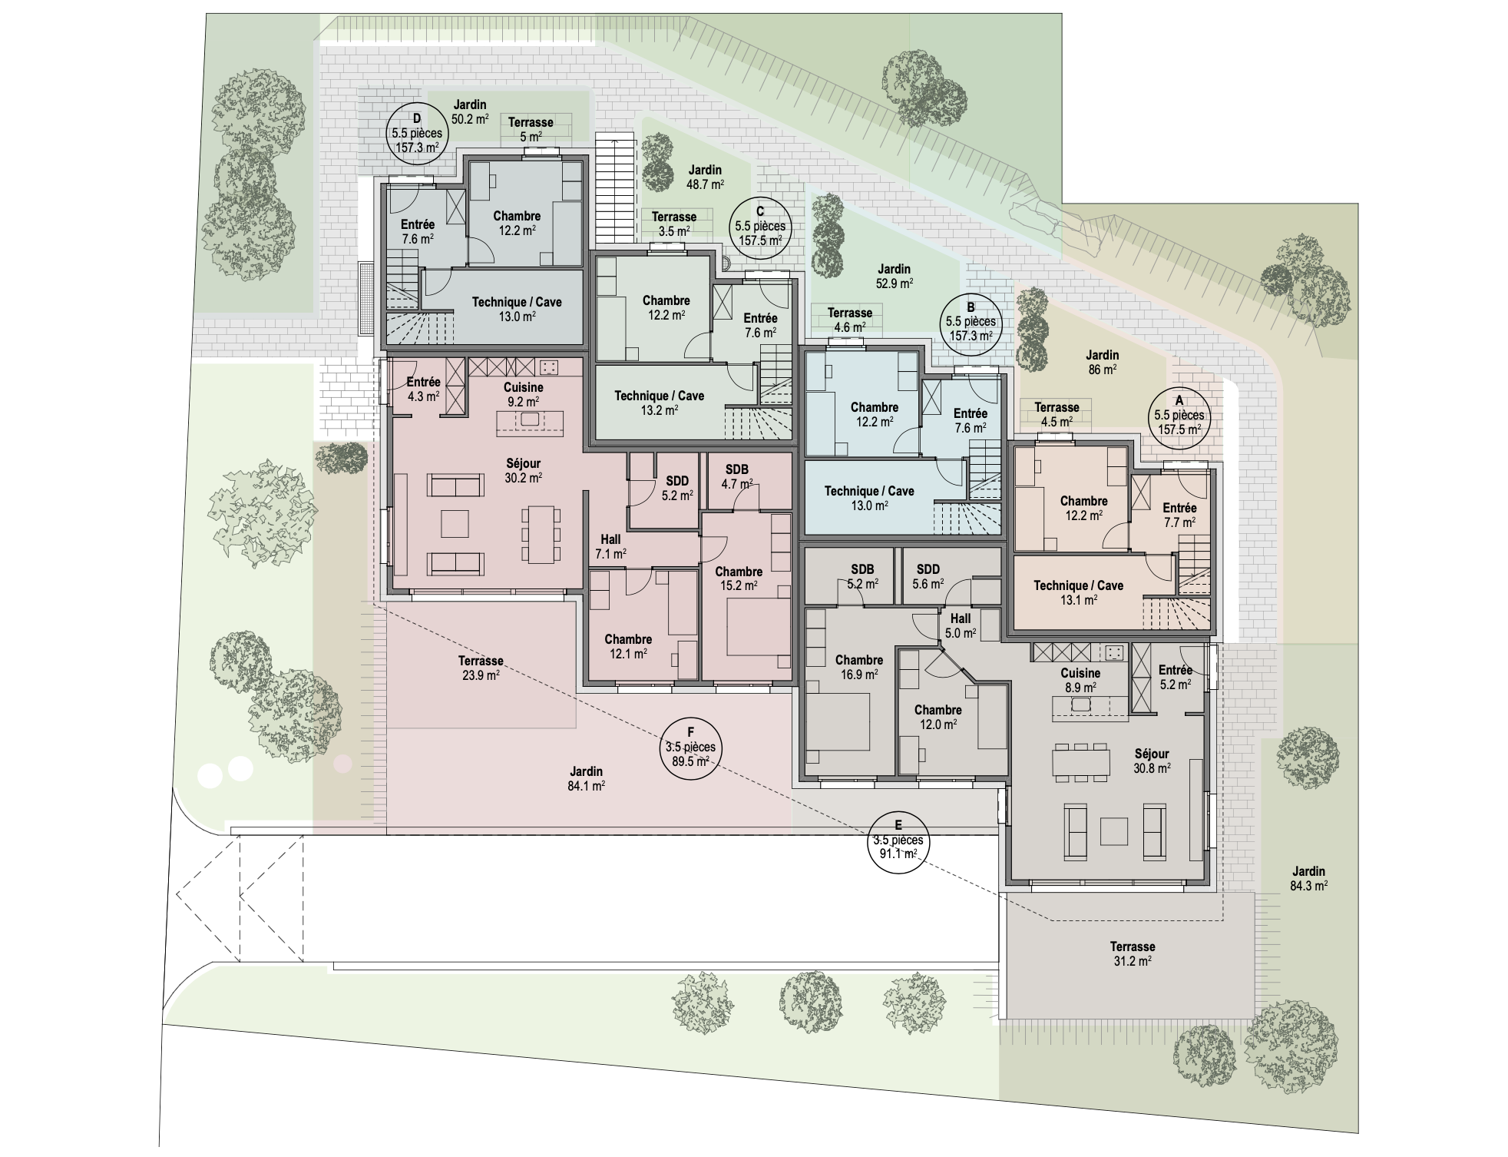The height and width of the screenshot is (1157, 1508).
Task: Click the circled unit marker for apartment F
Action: [x=690, y=747]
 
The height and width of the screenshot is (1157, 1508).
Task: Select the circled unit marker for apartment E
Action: [x=898, y=840]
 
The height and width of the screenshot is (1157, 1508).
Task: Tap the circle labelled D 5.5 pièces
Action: [x=416, y=133]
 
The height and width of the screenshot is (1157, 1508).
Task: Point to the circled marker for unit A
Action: [x=1179, y=416]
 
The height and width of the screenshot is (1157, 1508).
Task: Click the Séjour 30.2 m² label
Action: [x=523, y=470]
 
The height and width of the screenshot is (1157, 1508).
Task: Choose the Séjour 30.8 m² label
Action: [x=1152, y=761]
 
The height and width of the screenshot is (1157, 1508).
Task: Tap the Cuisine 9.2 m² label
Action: [x=523, y=394]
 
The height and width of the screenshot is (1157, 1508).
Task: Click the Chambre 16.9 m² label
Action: [x=858, y=667]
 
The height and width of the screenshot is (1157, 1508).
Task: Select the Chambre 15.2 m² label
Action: [x=738, y=578]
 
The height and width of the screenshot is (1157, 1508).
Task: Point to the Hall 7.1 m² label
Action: [x=610, y=546]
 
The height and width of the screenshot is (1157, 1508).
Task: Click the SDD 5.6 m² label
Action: [x=928, y=576]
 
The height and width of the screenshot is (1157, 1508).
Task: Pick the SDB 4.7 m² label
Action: [x=736, y=476]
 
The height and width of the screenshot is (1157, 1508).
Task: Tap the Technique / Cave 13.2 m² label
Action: [x=659, y=403]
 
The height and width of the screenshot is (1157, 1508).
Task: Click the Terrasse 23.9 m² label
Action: [x=481, y=668]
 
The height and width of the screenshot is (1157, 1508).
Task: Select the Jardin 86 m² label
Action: [x=1102, y=362]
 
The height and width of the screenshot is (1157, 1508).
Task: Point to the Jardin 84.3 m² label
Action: [x=1308, y=878]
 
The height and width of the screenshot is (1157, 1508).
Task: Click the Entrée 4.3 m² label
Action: [x=423, y=389]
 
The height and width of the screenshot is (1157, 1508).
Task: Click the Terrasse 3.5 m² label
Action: [x=673, y=224]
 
